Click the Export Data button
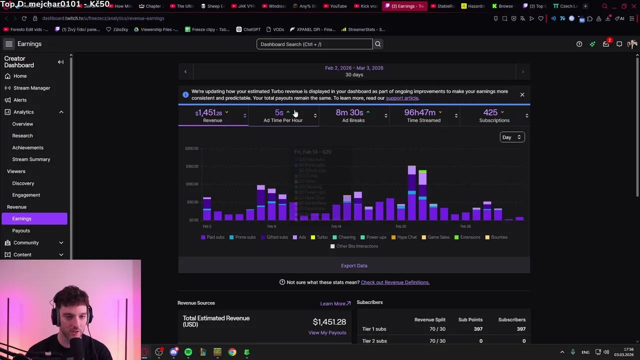point(354,265)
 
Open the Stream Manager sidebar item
point(31,88)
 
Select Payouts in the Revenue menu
point(21,230)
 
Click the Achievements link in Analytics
point(27,147)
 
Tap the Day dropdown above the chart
point(511,137)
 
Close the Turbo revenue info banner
point(522,94)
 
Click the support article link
point(402,98)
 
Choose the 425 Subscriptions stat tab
point(494,115)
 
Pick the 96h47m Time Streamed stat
point(423,115)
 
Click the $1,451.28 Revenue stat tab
point(212,115)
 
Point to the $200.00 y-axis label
point(191,148)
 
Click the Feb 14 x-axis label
point(336,226)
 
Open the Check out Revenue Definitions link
point(395,282)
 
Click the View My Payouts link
point(327,332)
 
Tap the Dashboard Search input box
point(314,44)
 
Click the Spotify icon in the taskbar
point(188,352)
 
